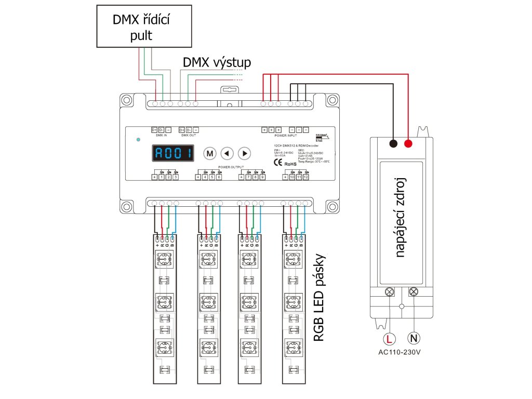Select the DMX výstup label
pos(217,63)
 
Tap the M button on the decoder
pos(209,153)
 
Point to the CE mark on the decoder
pos(278,162)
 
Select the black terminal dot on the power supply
pos(393,143)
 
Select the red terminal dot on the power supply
pos(408,143)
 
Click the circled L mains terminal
pos(389,339)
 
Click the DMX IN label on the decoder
pos(161,135)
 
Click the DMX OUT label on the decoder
pos(189,135)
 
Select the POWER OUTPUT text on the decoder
pos(231,167)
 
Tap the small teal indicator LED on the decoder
pos(138,140)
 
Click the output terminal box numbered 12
pos(306,177)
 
